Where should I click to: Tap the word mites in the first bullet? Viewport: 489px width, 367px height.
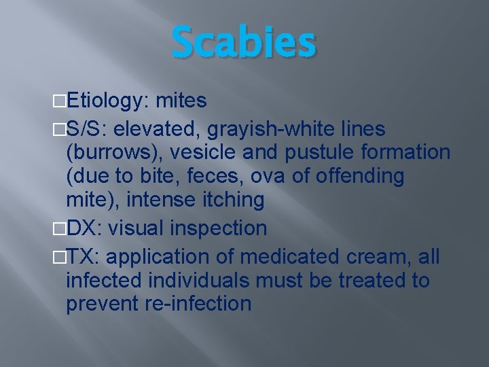coord(181,102)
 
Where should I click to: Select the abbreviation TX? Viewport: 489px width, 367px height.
coord(84,257)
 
